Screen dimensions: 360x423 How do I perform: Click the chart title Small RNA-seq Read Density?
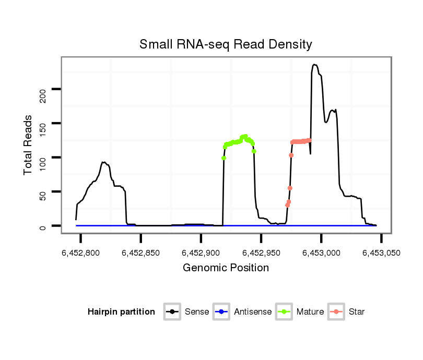coord(226,44)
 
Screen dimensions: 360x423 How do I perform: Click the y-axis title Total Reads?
coord(29,145)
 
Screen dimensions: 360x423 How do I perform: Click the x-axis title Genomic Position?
coord(226,268)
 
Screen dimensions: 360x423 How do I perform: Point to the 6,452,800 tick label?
coord(81,253)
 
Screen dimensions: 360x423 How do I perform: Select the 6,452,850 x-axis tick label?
coord(141,253)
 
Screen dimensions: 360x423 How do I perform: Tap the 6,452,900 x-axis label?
coord(201,253)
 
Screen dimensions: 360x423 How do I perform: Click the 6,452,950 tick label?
coord(261,253)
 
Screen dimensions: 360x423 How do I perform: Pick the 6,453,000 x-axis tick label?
coord(321,253)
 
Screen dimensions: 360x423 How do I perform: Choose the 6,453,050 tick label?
coord(381,253)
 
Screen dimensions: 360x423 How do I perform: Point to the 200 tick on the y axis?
coord(43,95)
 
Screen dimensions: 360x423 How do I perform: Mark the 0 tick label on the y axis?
coord(43,227)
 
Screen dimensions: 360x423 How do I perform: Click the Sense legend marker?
coord(172,312)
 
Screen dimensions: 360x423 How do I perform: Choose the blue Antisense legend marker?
coord(221,312)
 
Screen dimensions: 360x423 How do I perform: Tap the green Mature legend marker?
coord(284,312)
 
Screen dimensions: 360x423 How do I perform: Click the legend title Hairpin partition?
coord(121,312)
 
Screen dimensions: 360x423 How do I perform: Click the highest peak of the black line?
coord(314,65)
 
